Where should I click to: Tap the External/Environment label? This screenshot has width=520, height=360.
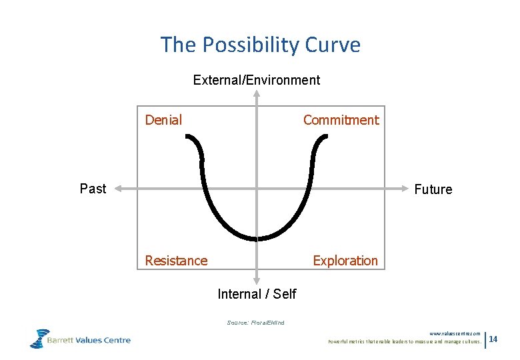256,80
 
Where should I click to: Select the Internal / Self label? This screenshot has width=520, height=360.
257,294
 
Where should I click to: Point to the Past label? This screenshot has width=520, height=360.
93,189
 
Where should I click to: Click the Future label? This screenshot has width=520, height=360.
433,189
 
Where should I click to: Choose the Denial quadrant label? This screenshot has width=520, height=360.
163,120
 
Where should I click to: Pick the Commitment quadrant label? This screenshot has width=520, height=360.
341,120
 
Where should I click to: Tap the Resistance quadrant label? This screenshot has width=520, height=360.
176,261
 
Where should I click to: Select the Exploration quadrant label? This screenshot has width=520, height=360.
345,261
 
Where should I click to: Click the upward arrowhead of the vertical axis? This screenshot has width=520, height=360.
256,94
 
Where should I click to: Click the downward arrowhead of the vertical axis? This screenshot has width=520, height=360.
256,283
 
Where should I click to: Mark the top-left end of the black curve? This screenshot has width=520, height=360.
188,137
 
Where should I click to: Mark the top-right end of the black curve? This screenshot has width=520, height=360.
326,137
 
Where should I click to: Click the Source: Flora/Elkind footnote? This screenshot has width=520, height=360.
255,323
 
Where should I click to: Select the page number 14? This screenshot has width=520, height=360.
493,340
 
